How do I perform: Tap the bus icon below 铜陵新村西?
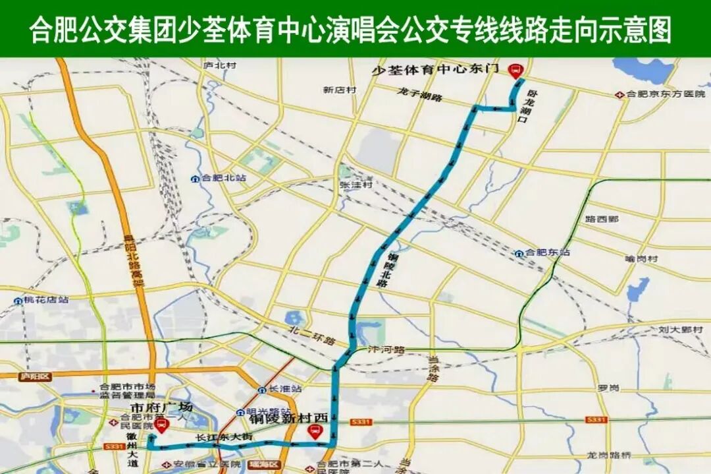click(315, 432)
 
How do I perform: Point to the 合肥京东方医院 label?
click(661, 95)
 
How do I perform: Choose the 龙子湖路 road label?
click(419, 94)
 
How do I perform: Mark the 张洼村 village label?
click(356, 185)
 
